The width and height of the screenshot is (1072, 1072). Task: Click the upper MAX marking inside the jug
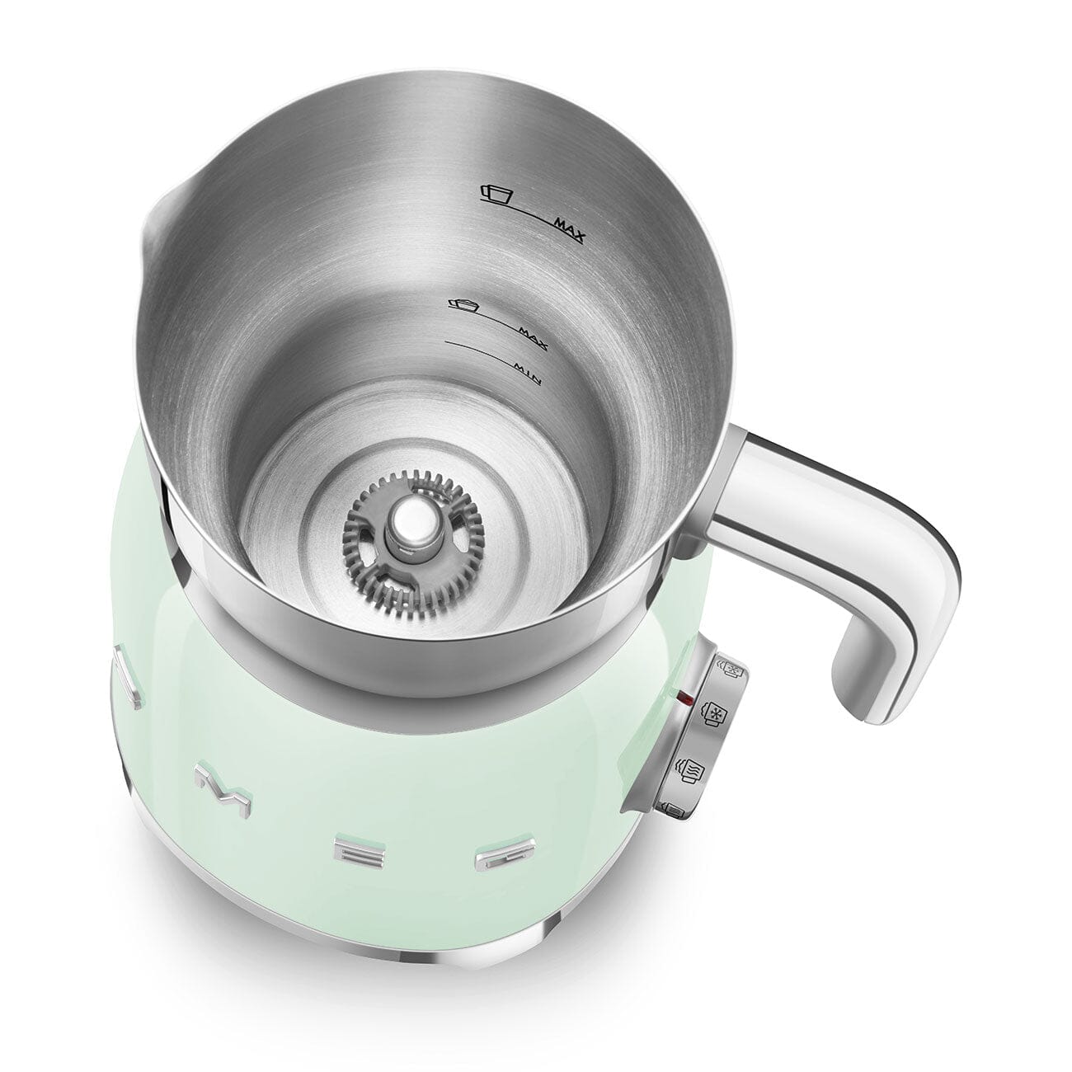pos(569,228)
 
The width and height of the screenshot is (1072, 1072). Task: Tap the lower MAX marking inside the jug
pos(535,331)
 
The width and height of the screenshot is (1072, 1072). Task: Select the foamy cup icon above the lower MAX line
pos(463,305)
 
